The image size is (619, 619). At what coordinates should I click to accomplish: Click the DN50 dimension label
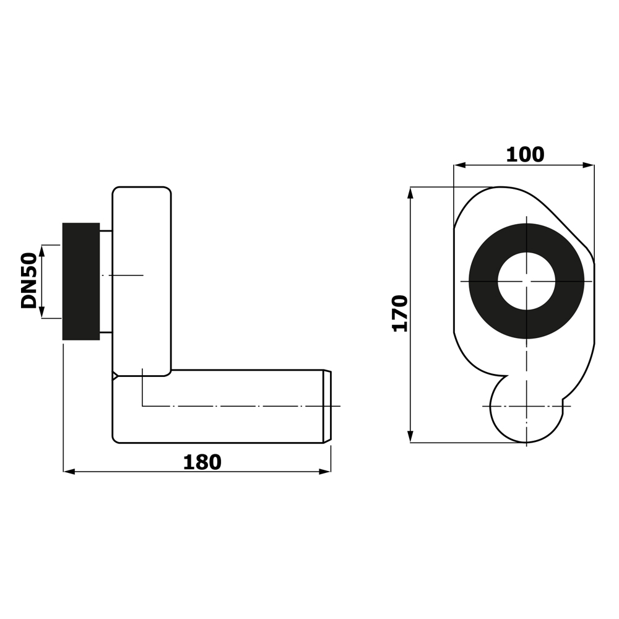click(x=29, y=280)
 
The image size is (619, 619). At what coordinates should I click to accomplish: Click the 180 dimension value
click(x=202, y=462)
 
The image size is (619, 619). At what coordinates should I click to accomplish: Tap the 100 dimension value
click(x=525, y=155)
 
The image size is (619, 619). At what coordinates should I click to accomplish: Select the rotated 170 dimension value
click(x=400, y=313)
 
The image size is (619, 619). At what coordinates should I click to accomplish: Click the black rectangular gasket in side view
click(x=81, y=281)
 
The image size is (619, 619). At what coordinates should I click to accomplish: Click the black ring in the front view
click(x=483, y=281)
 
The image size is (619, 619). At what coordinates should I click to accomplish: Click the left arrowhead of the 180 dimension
click(x=69, y=472)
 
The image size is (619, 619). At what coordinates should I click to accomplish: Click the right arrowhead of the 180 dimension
click(x=325, y=472)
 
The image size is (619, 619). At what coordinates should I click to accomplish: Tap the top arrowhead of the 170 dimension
click(x=410, y=193)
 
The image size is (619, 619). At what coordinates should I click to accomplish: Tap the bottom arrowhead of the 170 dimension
click(x=410, y=437)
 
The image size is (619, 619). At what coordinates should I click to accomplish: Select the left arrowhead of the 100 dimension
click(x=459, y=165)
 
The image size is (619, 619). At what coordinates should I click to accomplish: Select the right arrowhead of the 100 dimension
click(x=589, y=165)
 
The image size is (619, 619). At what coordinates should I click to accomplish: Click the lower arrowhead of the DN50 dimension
click(x=43, y=313)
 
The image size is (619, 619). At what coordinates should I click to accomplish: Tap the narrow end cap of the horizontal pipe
click(x=327, y=406)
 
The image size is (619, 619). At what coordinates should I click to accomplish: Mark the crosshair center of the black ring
click(x=526, y=281)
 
